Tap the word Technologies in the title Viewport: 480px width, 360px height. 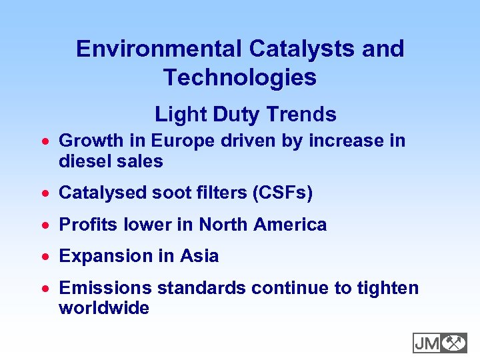(x=240, y=77)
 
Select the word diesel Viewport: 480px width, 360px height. (x=84, y=161)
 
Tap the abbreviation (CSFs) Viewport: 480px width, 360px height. (x=282, y=193)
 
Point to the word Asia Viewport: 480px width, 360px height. (x=199, y=256)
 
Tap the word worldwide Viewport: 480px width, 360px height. (x=104, y=308)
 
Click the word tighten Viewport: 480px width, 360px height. (x=388, y=288)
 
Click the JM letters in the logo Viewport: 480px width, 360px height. (x=427, y=343)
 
